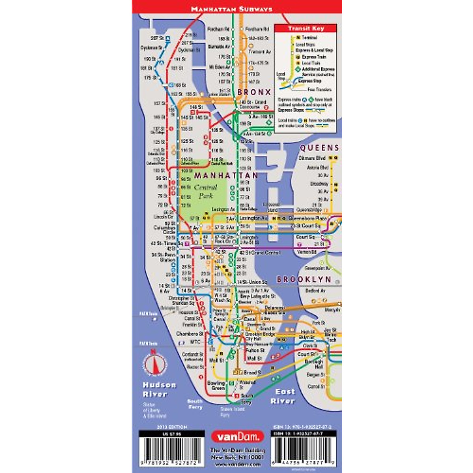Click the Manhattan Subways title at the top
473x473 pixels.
coord(231,9)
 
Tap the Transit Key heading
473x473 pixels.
coord(306,28)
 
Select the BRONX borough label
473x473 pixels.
coord(254,92)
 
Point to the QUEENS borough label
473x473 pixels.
coord(319,148)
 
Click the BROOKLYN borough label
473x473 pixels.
coord(304,279)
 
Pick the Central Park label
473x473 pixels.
coord(205,192)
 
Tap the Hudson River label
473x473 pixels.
coord(159,389)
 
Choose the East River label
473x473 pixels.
coord(283,396)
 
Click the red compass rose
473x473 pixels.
coord(155,363)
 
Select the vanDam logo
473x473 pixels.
coord(237,436)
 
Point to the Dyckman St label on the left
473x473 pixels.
coord(151,48)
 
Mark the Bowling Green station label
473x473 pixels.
coord(216,385)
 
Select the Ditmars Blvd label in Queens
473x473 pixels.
coord(312,158)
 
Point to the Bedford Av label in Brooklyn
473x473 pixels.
coord(315,291)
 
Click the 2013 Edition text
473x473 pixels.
coord(172,427)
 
